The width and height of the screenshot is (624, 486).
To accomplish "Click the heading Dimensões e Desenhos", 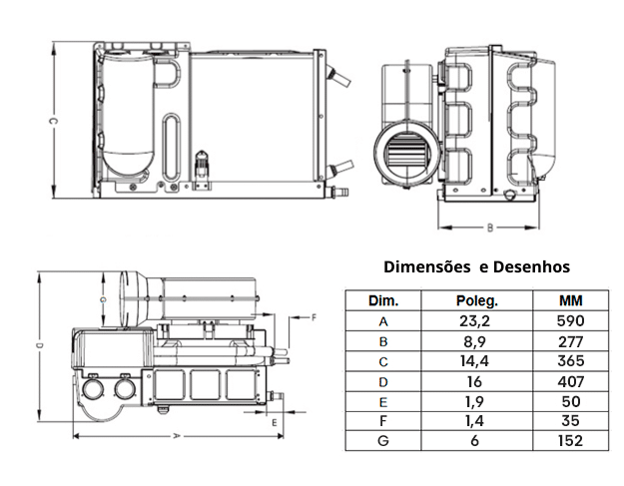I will click(477, 266).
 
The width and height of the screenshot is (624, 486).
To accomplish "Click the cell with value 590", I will click(571, 321).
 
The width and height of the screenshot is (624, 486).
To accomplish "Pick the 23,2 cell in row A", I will click(476, 321).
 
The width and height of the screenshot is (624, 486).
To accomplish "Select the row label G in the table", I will click(383, 440).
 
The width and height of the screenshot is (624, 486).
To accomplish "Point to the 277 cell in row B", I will click(571, 341).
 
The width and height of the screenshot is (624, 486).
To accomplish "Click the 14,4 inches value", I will click(476, 361).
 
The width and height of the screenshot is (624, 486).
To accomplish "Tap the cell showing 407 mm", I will click(571, 381).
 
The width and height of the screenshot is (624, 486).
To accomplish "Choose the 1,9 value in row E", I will click(476, 400).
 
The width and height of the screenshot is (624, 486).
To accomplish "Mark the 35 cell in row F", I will click(571, 420).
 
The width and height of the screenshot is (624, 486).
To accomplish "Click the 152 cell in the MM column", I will click(571, 440).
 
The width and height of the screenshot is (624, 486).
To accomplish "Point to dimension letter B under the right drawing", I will click(489, 228).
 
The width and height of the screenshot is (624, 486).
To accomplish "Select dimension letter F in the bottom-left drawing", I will click(313, 316).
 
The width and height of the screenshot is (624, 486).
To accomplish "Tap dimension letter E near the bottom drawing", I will click(275, 423).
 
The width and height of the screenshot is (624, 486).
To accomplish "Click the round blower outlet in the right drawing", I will click(404, 152).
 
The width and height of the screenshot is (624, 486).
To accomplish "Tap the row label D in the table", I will click(383, 381).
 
